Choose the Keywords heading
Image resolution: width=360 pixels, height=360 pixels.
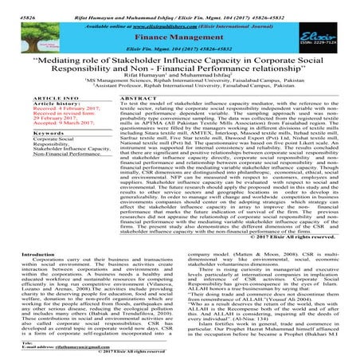point(27,148)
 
